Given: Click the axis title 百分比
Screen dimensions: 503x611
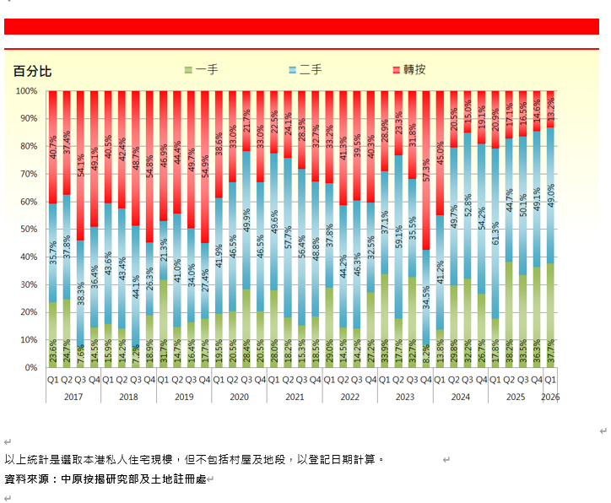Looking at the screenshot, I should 32,71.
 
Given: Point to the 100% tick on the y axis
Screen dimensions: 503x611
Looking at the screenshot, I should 26,91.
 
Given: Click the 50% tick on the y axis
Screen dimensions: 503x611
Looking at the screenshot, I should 29,230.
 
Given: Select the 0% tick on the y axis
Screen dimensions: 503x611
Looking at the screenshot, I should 31,368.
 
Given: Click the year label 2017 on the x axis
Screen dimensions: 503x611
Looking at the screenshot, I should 73,397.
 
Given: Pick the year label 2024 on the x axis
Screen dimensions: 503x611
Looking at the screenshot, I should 460,397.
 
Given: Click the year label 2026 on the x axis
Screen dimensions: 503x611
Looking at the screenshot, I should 550,397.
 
